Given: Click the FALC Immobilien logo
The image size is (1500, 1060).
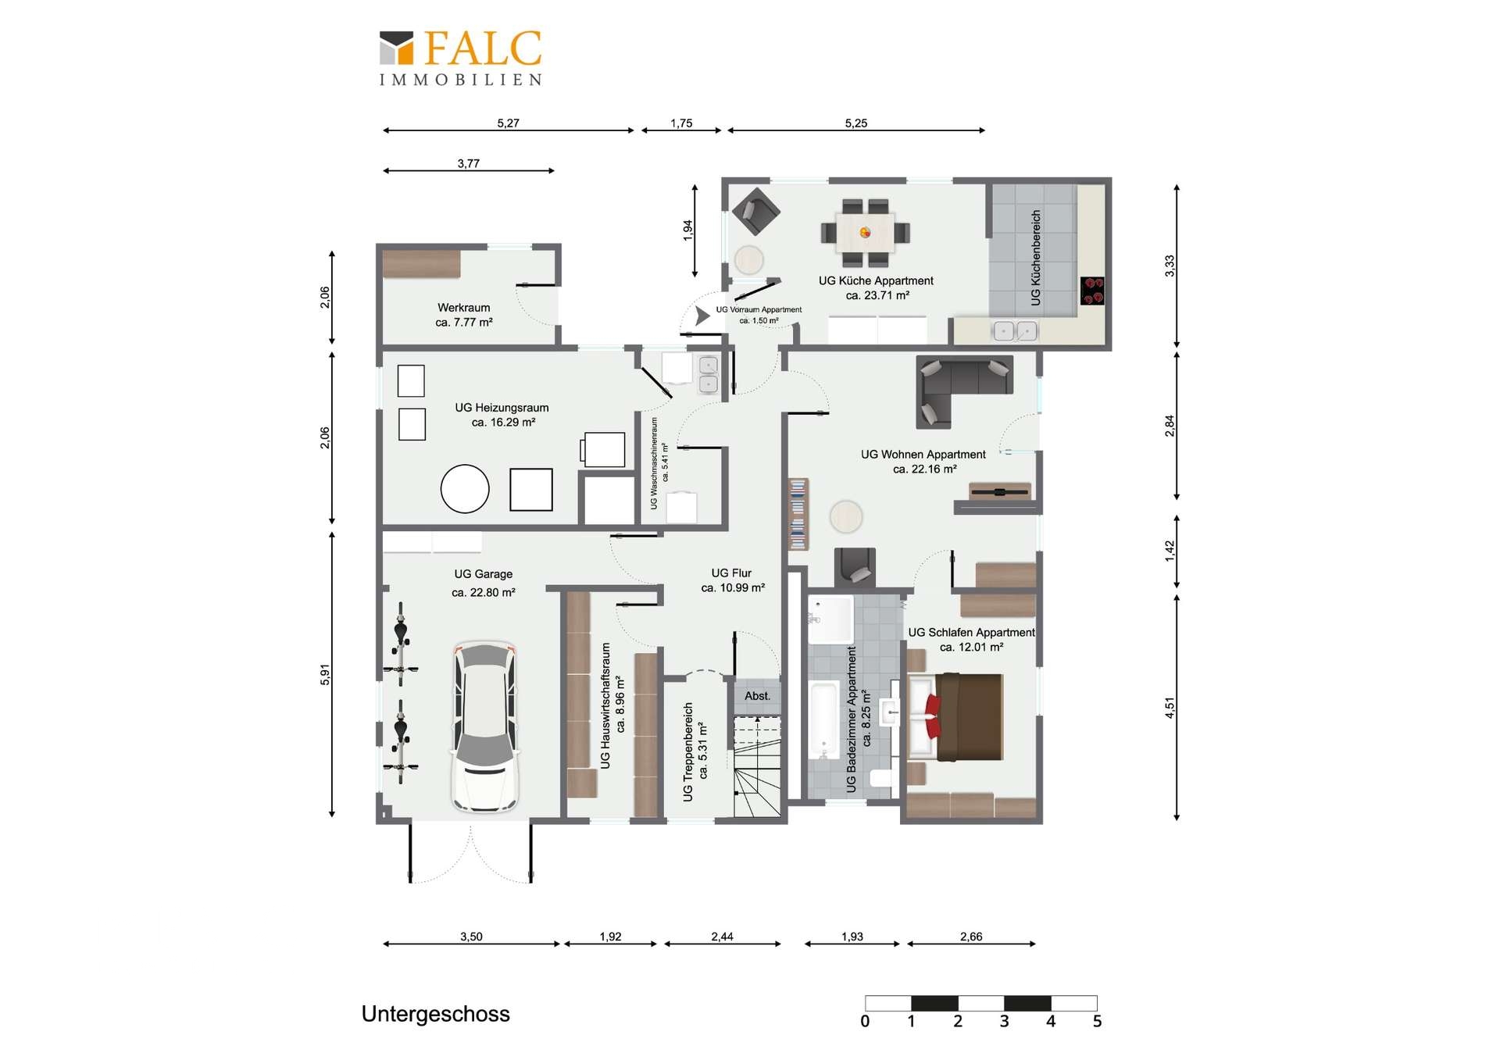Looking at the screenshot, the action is tap(461, 58).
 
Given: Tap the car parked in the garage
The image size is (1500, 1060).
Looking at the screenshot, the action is tap(484, 726).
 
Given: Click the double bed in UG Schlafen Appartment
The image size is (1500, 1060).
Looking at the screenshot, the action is tap(955, 717).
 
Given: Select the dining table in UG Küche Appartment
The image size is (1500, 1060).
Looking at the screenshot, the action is tap(865, 233).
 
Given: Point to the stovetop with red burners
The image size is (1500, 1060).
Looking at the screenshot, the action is tap(1092, 291).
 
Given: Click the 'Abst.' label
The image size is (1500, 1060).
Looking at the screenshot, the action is tap(757, 695).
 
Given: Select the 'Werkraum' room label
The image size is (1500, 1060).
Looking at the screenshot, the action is tap(464, 308).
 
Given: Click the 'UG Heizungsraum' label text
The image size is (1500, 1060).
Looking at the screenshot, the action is tap(502, 408).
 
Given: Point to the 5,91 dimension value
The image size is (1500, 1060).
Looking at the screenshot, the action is tap(325, 675).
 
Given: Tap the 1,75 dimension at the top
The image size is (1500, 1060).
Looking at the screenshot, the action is tap(681, 123).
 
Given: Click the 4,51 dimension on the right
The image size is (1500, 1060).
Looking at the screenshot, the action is tap(1170, 708).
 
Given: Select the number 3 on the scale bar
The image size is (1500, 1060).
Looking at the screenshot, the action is tap(1004, 1021).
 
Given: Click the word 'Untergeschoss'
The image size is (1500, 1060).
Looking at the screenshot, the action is tap(435, 1014).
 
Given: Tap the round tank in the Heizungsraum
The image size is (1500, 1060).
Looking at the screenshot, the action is tap(465, 489).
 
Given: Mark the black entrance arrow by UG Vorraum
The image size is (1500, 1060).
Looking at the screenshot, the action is tap(702, 316).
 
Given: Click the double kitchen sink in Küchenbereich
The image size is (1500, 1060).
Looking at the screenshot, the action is tap(1015, 331).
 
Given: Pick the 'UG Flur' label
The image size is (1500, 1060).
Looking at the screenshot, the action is tap(731, 573).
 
